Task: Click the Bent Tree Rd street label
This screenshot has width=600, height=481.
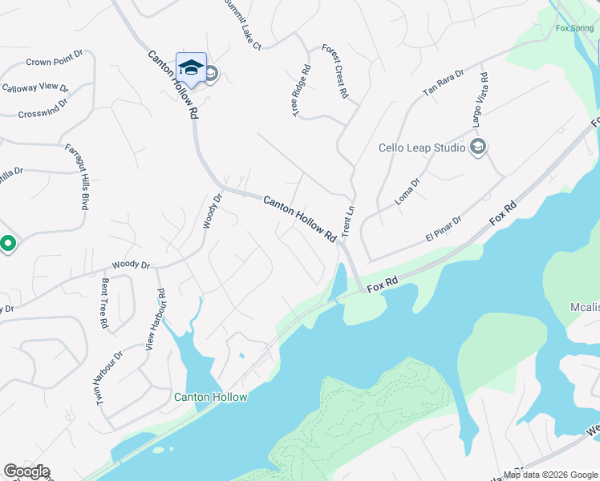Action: coord(104,304)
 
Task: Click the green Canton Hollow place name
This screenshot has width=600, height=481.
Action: coord(211,397)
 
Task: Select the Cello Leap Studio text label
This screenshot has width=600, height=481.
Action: coord(422,148)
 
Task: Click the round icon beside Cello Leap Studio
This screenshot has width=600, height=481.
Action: coord(478,147)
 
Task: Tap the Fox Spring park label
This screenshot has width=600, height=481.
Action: coord(574,28)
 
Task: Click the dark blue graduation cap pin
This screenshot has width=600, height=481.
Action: coord(191,67)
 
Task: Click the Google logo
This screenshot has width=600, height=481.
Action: coord(26,471)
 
